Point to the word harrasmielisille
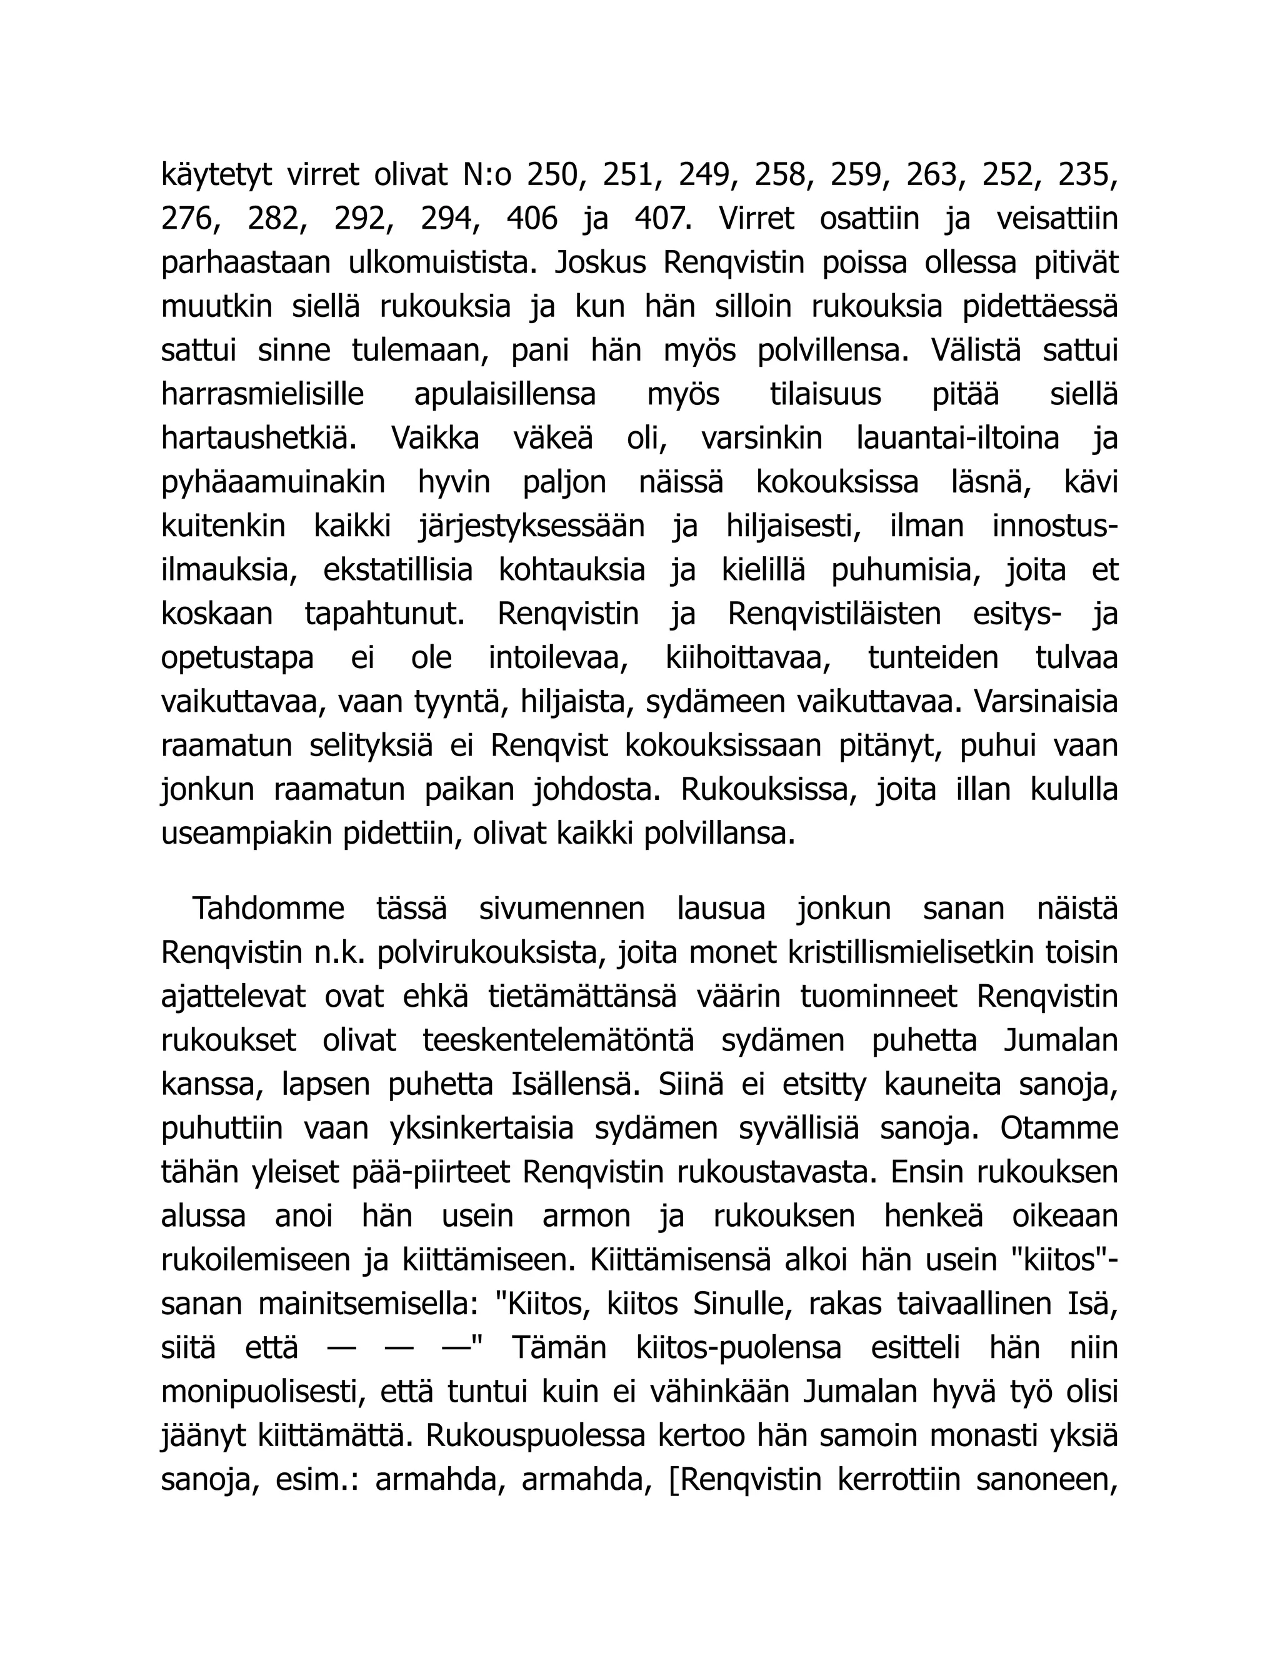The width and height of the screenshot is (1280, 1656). pos(262,395)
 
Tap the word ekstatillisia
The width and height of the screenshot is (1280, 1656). pos(398,570)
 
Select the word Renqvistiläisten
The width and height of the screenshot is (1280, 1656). pos(834,614)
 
